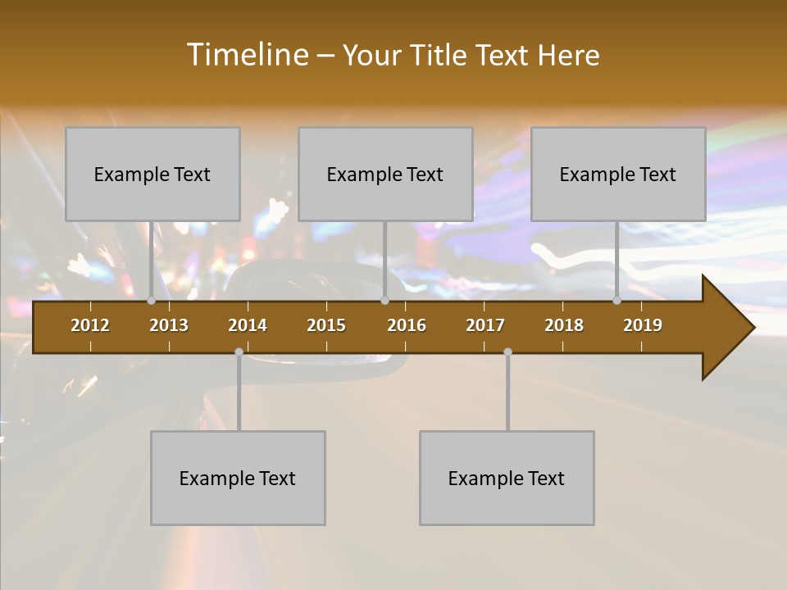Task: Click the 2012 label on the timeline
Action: click(x=90, y=325)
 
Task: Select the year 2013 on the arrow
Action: click(x=169, y=325)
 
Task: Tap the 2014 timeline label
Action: click(x=248, y=325)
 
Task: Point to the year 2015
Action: click(x=326, y=325)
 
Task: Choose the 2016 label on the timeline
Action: click(x=407, y=325)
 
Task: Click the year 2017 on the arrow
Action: click(x=485, y=325)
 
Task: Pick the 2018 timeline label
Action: click(x=564, y=325)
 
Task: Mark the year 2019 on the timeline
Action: click(x=643, y=325)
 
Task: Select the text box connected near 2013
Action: click(x=152, y=174)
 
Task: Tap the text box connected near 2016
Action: click(x=385, y=174)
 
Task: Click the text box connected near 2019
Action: click(x=618, y=174)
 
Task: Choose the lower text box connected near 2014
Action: click(x=238, y=478)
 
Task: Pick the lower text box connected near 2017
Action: click(x=507, y=478)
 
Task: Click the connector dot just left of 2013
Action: click(x=151, y=301)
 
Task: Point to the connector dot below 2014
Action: click(x=239, y=352)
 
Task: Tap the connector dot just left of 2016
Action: click(x=384, y=301)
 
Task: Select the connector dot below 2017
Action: click(x=507, y=352)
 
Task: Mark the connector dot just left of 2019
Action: click(x=616, y=301)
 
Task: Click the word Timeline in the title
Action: click(x=247, y=55)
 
